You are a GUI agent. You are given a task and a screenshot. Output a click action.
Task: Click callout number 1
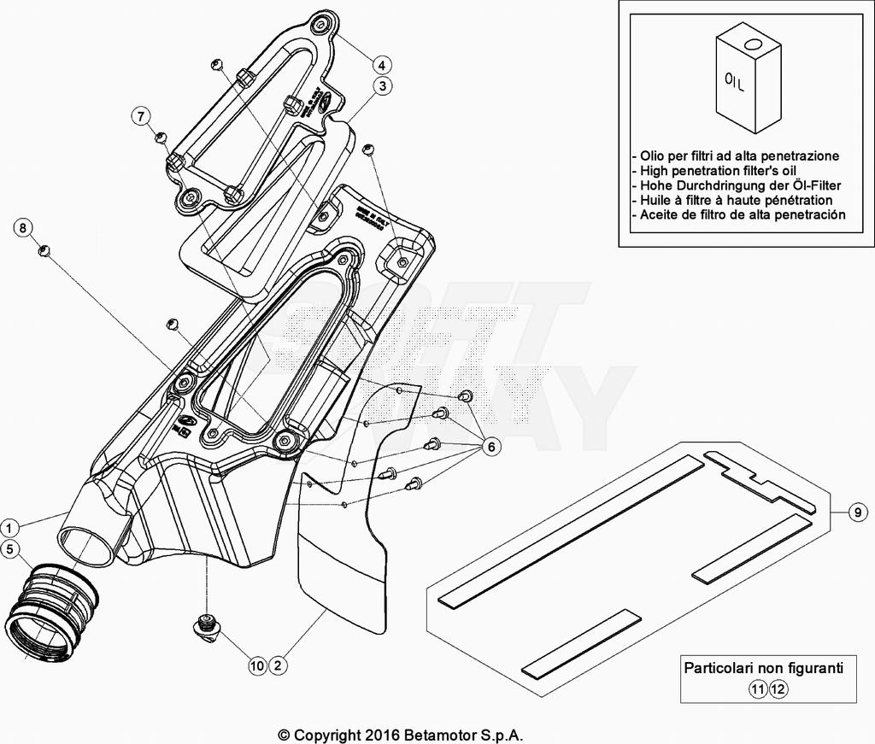tap(9, 526)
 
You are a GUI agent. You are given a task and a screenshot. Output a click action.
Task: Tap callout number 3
tap(382, 85)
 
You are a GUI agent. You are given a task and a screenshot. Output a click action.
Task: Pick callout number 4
tap(382, 64)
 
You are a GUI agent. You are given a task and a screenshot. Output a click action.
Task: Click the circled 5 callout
tap(9, 549)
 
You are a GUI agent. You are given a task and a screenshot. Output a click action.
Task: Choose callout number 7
tap(141, 116)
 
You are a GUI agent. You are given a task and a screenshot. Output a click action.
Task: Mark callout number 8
tap(23, 227)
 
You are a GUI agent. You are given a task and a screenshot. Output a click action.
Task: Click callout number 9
tap(856, 513)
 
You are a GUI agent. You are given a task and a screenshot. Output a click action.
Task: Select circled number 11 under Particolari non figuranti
tap(758, 689)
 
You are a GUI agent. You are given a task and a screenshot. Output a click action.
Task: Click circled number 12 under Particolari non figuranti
tap(777, 689)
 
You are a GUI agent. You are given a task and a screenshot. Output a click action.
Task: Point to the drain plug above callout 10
tap(207, 625)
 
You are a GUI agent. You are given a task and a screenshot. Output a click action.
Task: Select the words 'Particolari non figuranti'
tap(763, 668)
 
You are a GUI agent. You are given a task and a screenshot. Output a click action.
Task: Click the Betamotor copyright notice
tap(401, 735)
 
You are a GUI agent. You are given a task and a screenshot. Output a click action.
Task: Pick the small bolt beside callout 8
tap(47, 249)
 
